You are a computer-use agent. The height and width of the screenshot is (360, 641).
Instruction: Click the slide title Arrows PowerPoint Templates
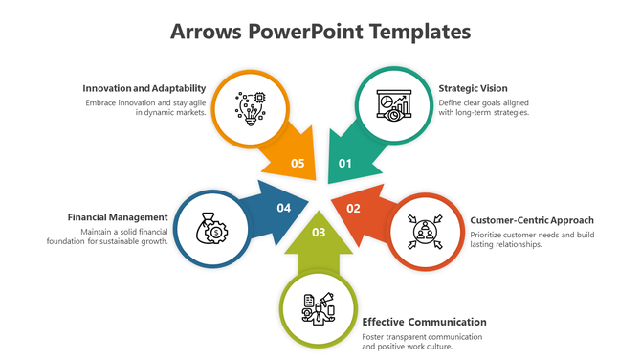(x=320, y=32)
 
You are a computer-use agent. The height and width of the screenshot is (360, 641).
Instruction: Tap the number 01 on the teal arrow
(x=345, y=163)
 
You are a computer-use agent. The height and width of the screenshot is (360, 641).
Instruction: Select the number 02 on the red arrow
(x=353, y=208)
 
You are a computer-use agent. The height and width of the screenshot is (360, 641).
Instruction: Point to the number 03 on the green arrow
(x=319, y=232)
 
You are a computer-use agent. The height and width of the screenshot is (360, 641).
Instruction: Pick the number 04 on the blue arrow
(x=284, y=208)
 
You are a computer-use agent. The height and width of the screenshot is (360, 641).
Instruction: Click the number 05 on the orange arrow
(x=298, y=163)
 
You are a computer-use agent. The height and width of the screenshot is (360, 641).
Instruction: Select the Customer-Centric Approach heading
(x=532, y=220)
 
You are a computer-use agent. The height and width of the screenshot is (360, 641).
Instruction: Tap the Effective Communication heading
(x=424, y=322)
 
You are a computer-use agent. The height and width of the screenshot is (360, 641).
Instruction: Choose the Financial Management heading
(x=118, y=216)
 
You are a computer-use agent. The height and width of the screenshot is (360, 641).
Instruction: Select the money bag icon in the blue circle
(x=210, y=229)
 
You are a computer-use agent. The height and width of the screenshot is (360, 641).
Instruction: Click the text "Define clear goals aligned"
(x=484, y=101)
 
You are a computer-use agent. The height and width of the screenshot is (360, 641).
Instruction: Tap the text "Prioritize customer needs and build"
(x=532, y=234)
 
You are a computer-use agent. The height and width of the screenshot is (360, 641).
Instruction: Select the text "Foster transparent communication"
(x=422, y=337)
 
